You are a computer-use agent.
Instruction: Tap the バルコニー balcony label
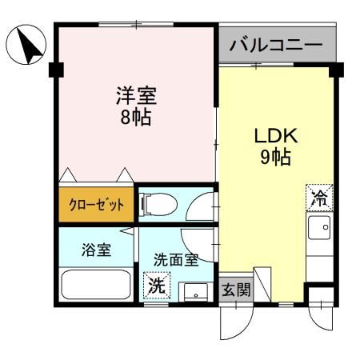[x=275, y=45]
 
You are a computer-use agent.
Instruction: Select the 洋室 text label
[x=133, y=98]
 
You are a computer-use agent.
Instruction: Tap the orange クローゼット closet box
[x=94, y=204]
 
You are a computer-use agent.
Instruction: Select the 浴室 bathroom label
[x=95, y=249]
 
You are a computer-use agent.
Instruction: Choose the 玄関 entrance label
[x=235, y=290]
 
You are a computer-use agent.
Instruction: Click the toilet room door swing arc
[x=198, y=206]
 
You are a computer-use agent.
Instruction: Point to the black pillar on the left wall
[x=54, y=70]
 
